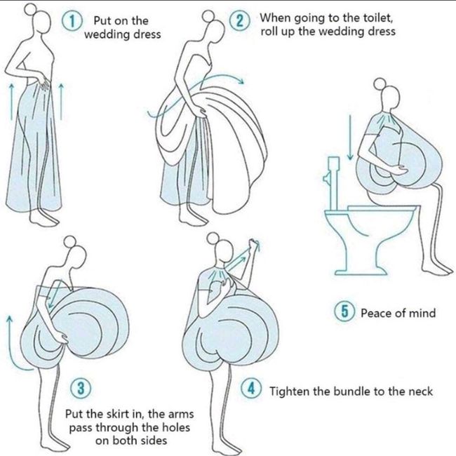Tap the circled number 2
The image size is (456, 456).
(239, 21)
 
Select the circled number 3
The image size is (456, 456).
(81, 388)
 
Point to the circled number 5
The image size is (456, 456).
(344, 311)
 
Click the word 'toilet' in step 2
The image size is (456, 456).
(378, 18)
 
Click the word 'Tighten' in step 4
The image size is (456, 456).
(288, 391)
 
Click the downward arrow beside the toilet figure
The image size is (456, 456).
(350, 138)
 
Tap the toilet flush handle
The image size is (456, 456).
(326, 178)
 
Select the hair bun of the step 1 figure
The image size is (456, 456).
(30, 9)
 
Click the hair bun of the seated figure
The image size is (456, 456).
(380, 83)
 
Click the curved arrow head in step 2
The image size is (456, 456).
(241, 81)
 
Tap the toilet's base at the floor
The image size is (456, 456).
(361, 272)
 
